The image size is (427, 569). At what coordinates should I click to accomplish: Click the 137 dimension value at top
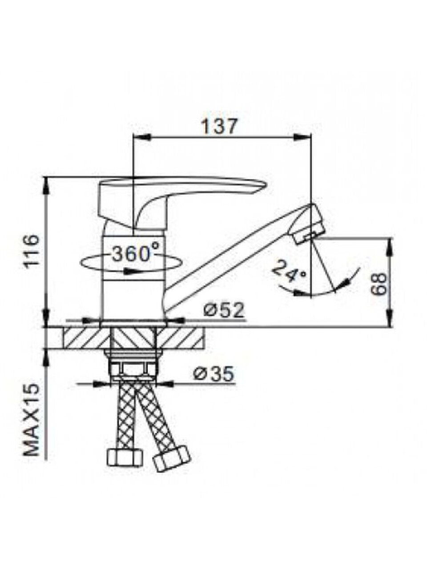219,127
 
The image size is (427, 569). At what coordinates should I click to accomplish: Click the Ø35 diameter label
213,374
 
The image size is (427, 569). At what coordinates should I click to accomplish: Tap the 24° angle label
289,271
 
